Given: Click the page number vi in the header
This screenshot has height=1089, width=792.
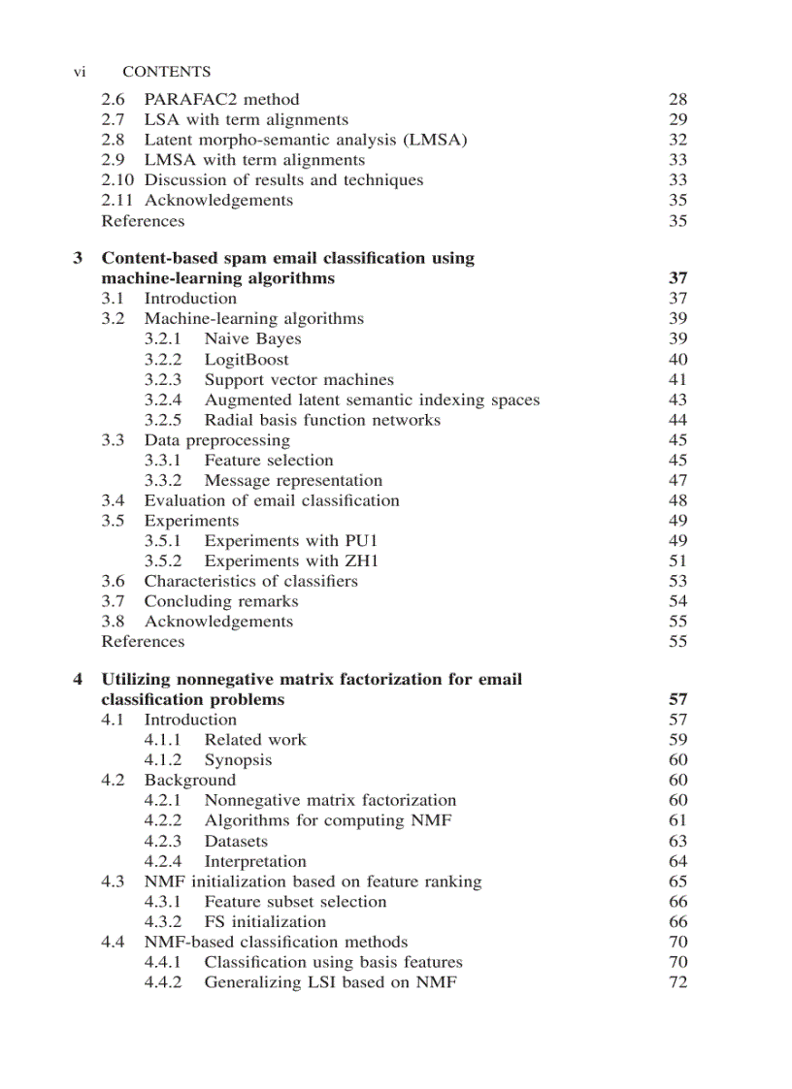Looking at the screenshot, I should [81, 72].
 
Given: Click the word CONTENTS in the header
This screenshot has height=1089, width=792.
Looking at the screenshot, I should [166, 72].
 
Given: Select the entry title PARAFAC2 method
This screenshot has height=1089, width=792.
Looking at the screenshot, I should [221, 99].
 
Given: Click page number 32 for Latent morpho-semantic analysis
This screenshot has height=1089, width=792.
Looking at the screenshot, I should [677, 140].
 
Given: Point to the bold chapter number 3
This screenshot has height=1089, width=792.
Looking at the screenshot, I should [79, 258].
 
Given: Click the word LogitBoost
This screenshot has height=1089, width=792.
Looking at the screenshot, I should [246, 359].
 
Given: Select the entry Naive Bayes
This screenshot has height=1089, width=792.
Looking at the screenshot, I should [252, 338].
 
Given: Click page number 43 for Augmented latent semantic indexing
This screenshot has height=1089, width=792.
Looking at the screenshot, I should [677, 400].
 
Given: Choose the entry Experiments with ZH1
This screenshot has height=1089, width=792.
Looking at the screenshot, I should [291, 561].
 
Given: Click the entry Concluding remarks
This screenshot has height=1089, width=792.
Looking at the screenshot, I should [221, 601].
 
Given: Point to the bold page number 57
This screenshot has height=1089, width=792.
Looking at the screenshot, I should [677, 699].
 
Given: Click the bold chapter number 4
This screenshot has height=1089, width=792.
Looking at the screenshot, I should [79, 679].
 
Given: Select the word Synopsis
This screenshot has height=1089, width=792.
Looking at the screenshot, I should [238, 760].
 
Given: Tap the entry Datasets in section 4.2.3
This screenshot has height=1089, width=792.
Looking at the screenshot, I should [236, 841].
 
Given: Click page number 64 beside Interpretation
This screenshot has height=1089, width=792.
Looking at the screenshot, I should [677, 861].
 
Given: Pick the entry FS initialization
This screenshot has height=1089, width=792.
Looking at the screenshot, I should [265, 921].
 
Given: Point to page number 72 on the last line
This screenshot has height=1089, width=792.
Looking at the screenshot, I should [677, 982].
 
